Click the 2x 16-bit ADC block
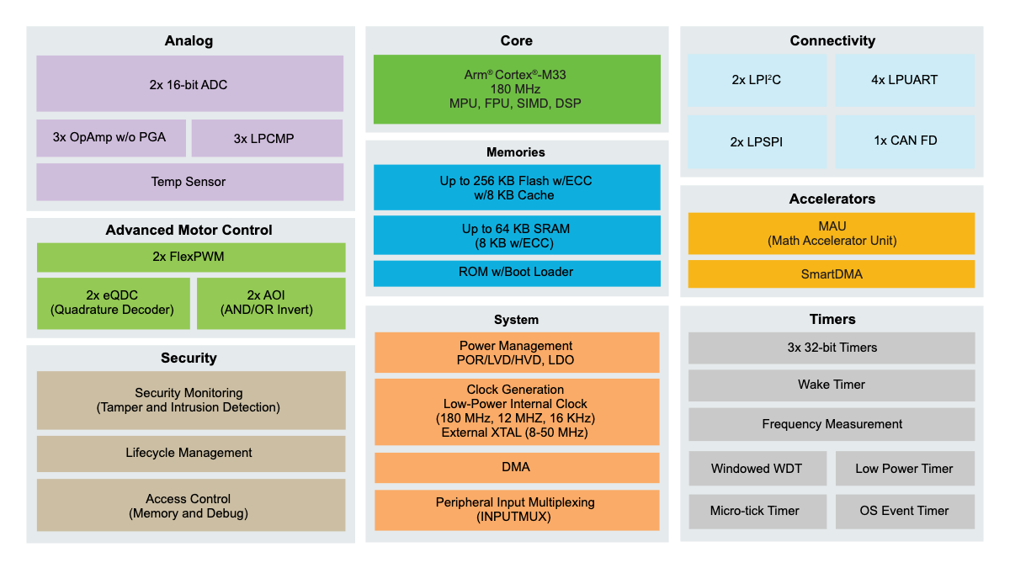pyautogui.click(x=189, y=84)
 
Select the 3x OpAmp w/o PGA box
pyautogui.click(x=111, y=138)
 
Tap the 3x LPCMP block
pyautogui.click(x=267, y=138)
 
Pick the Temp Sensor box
pyautogui.click(x=189, y=182)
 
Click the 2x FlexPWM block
pyautogui.click(x=190, y=257)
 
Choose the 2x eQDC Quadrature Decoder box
pyautogui.click(x=113, y=303)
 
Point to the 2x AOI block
pyautogui.click(x=270, y=303)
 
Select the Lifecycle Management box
pyautogui.click(x=190, y=453)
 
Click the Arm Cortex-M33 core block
pyautogui.click(x=516, y=89)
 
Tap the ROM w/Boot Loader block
pyautogui.click(x=516, y=273)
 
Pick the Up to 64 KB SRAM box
pyautogui.click(x=516, y=236)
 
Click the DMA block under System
pyautogui.click(x=516, y=467)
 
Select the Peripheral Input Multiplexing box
pyautogui.click(x=516, y=510)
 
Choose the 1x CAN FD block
pyautogui.click(x=905, y=141)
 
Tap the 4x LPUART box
pyautogui.click(x=905, y=81)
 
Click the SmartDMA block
pyautogui.click(x=832, y=274)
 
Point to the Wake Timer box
pyautogui.click(x=832, y=385)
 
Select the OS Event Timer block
pyautogui.click(x=905, y=511)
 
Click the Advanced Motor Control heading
pyautogui.click(x=189, y=230)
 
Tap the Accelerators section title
pyautogui.click(x=832, y=199)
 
